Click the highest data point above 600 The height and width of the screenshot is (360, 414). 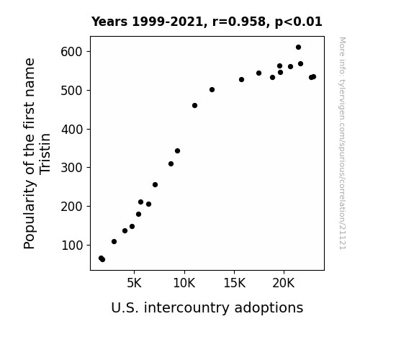point(298,48)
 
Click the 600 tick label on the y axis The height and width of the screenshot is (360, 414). point(71,52)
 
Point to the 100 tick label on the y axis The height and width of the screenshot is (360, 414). point(72,246)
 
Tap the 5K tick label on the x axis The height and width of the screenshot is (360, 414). point(134,283)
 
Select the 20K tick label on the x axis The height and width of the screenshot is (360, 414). point(284,283)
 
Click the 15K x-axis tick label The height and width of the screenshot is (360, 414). point(234,283)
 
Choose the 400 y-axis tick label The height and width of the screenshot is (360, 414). point(72,130)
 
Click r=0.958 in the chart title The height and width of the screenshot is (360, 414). point(239,22)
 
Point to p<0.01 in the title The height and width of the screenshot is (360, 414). point(298,22)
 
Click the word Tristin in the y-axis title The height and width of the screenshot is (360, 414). point(45,154)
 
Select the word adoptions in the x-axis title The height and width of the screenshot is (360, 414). point(269,308)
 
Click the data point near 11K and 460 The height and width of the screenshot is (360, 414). point(194,106)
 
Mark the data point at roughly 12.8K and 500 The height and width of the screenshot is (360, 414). point(212,90)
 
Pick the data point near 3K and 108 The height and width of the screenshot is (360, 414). point(114,242)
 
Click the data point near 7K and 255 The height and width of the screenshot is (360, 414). point(156,185)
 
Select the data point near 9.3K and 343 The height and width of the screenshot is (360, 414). point(177,150)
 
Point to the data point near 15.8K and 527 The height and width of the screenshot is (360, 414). point(242,79)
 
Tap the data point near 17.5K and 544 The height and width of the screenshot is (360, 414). point(258,73)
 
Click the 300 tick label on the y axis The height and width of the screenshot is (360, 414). point(71,168)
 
